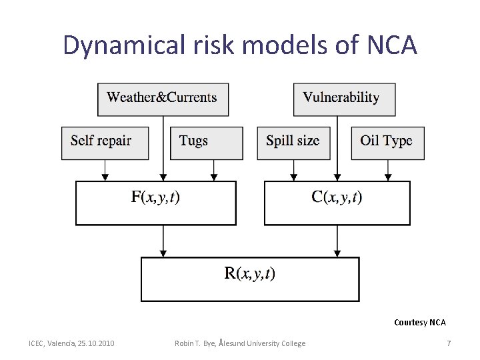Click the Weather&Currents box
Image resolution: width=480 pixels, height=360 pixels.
pos(162,98)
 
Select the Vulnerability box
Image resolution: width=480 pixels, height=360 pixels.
pos(344,98)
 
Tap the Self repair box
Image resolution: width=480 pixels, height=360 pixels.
pos(104,142)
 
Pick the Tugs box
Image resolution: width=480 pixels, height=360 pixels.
pos(206,142)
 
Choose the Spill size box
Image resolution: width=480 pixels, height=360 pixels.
pos(293,142)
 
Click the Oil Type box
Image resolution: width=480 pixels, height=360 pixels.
pos(387,142)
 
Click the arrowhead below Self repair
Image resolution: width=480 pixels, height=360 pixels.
pos(105,177)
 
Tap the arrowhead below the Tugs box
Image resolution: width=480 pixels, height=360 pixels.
pos(214,177)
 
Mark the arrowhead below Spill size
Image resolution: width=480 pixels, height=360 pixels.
pos(293,177)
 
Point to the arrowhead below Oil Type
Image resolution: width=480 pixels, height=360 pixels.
pos(388,177)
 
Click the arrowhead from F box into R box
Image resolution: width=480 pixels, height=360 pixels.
pos(163,253)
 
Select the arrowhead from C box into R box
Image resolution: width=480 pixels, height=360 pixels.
pos(337,253)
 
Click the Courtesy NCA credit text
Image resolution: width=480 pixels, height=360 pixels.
pos(419,323)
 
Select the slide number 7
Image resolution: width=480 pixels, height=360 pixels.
pos(449,343)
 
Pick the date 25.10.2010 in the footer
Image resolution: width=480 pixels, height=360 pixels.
pos(96,343)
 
